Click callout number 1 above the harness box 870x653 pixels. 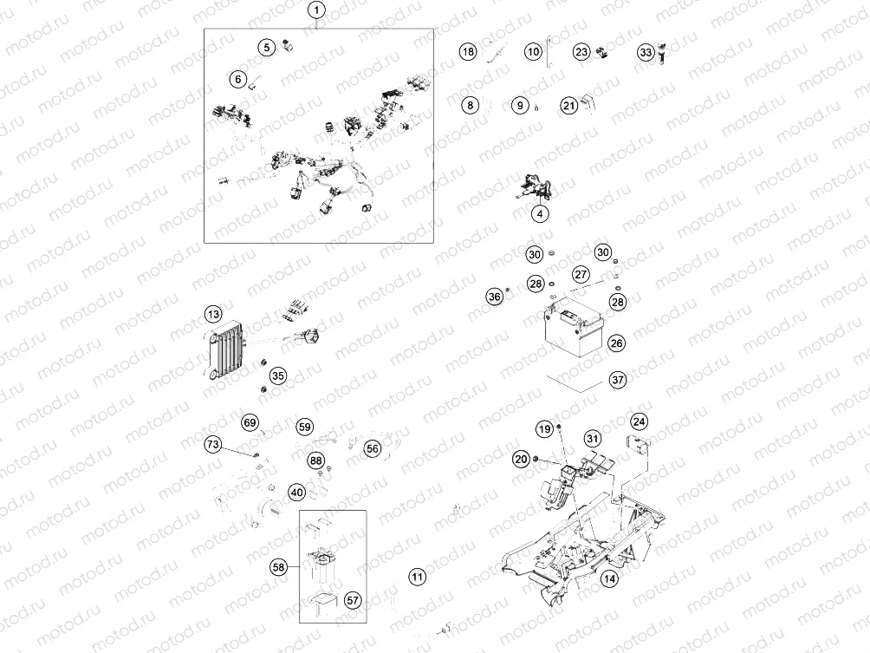(x=318, y=11)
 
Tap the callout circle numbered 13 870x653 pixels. (x=214, y=314)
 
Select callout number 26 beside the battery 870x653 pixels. (x=616, y=343)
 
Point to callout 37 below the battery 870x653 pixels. (x=617, y=380)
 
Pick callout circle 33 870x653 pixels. (x=646, y=52)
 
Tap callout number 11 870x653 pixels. (x=418, y=577)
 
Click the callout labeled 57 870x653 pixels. (x=353, y=599)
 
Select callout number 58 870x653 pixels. (x=279, y=567)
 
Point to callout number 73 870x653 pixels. (x=213, y=445)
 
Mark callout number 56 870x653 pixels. (x=373, y=448)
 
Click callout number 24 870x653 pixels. (x=639, y=422)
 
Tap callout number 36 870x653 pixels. (x=495, y=297)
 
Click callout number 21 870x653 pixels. (x=568, y=106)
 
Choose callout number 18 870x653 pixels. (x=468, y=52)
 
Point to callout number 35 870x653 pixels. (x=277, y=375)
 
